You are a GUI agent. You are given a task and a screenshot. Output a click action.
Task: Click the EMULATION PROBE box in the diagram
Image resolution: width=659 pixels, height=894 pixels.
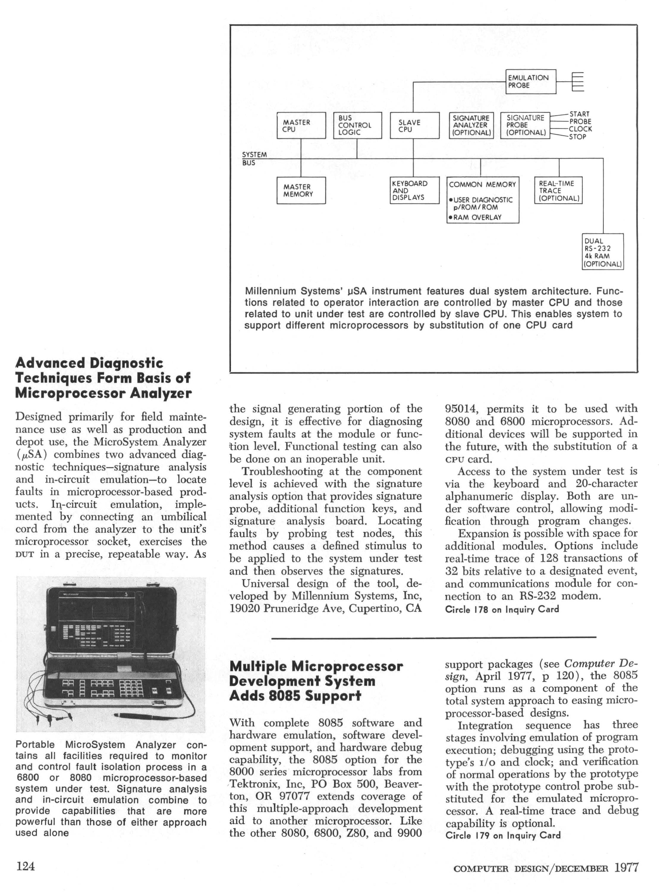(530, 81)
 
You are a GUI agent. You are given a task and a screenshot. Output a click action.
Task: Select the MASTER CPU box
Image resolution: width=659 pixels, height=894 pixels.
(301, 126)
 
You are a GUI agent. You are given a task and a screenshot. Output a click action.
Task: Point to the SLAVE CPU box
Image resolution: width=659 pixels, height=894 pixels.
(414, 126)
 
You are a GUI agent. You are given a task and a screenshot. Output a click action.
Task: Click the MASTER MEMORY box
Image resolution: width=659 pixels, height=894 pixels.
(301, 190)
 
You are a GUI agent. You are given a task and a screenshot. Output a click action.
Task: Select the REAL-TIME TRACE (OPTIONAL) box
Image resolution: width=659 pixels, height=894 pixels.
(558, 190)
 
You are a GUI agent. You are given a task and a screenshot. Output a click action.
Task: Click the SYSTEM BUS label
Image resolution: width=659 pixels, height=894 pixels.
(254, 159)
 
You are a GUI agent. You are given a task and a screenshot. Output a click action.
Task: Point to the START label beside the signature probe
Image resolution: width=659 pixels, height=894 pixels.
(579, 114)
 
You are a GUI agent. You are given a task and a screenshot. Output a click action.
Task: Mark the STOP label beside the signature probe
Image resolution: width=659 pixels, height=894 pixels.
(577, 137)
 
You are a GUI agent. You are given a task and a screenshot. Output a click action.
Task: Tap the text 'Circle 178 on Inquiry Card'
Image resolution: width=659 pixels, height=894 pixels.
(502, 609)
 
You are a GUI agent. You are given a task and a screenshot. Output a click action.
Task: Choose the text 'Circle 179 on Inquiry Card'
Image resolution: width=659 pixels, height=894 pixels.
(503, 835)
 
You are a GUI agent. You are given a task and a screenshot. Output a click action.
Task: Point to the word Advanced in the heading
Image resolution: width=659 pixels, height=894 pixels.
(49, 363)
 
